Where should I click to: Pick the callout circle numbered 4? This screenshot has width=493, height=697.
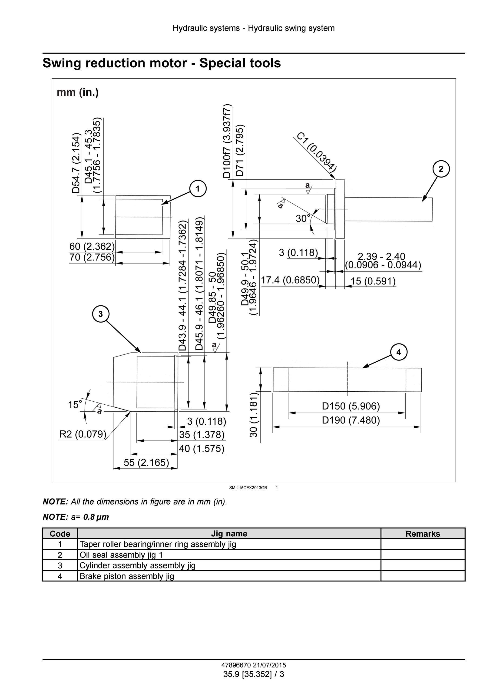(399, 352)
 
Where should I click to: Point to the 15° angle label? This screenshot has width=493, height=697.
(75, 405)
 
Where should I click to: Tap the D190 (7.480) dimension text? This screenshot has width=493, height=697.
(351, 420)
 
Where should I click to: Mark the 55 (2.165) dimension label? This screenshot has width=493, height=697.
(146, 462)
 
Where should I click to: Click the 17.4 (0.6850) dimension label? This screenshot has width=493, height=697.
(290, 280)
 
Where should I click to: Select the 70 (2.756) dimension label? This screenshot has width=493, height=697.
(92, 257)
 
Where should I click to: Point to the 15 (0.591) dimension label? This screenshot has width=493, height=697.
(373, 281)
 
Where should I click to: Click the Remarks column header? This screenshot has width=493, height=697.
(423, 534)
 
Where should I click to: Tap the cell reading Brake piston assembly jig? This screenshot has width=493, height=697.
(127, 576)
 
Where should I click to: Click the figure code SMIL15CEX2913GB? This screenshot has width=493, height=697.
(248, 488)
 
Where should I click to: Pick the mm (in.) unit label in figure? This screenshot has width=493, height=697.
(78, 92)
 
